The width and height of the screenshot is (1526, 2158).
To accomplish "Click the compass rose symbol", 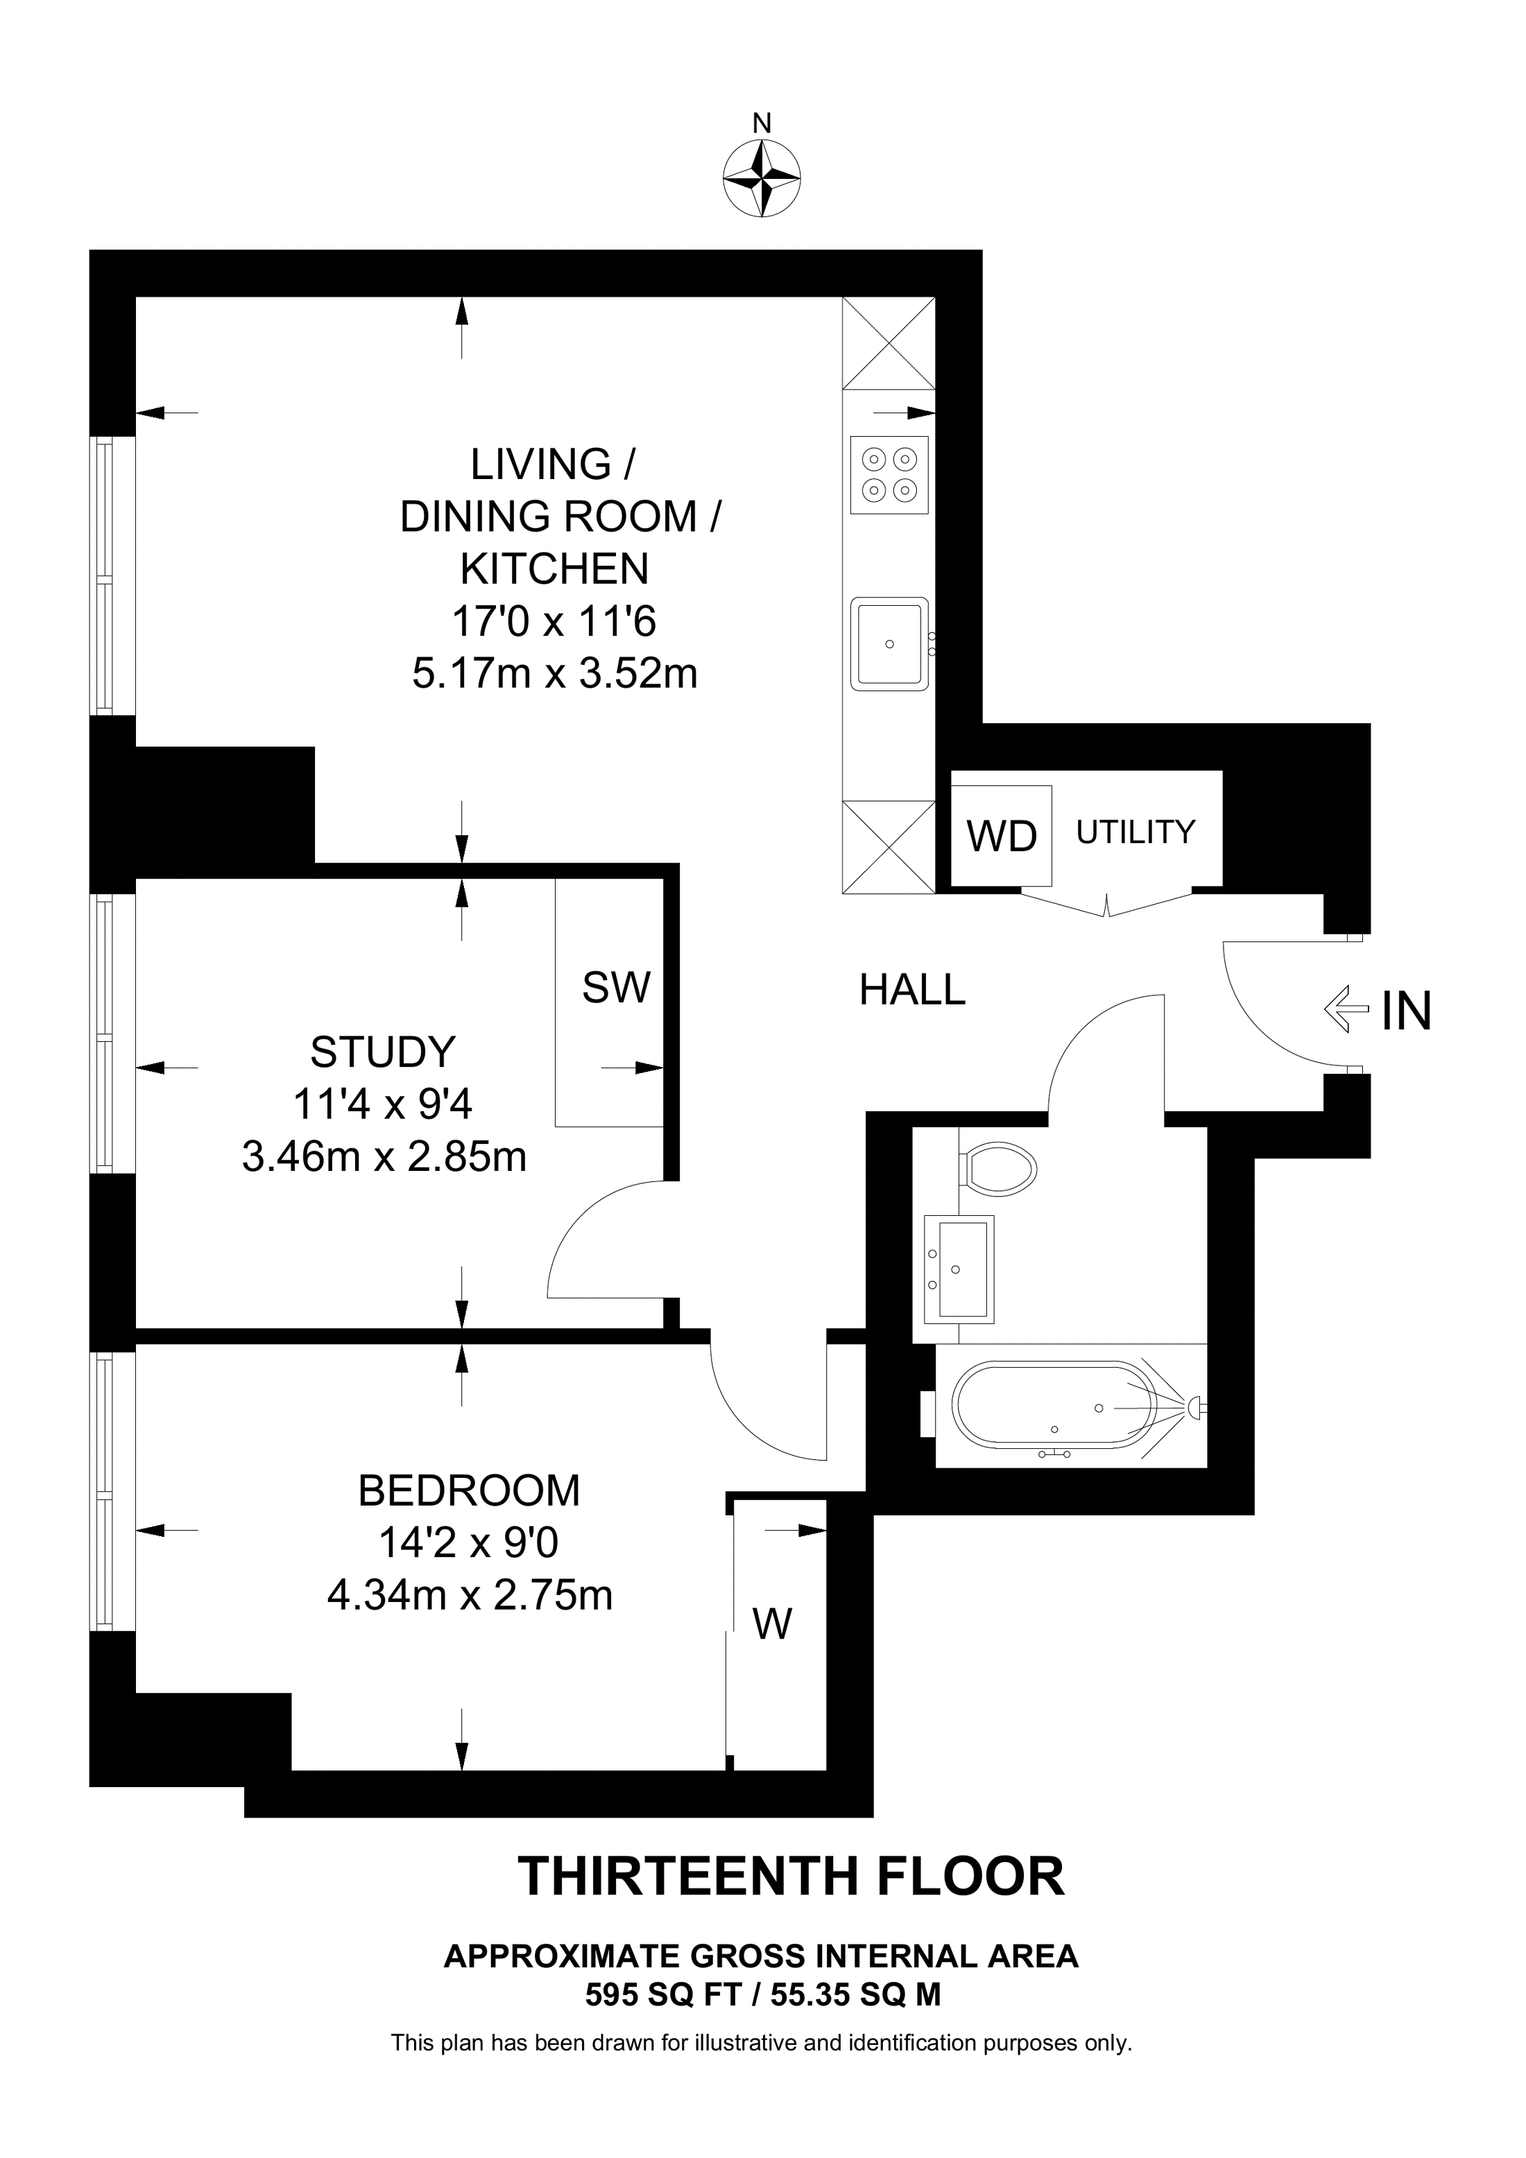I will [762, 180].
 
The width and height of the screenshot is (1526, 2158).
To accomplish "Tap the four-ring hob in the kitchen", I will [889, 475].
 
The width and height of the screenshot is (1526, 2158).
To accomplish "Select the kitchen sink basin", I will [889, 644].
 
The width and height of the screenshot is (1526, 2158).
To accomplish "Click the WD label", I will [1002, 837].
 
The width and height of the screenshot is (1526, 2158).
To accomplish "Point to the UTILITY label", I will [1135, 832].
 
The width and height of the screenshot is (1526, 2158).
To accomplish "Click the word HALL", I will [912, 991].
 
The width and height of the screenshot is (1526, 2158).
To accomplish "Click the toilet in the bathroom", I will [1000, 1170].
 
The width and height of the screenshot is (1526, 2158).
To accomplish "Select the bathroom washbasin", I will [959, 1269].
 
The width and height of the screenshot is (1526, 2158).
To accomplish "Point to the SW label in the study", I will [616, 988].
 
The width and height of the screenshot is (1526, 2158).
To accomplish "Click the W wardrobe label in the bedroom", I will [773, 1624].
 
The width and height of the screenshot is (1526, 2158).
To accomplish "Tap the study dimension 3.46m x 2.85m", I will [384, 1157].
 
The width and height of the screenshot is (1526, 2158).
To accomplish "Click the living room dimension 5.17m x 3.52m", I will [555, 674].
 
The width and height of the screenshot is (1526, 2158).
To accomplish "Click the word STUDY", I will [383, 1052].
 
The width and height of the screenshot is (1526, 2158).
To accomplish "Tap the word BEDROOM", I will [468, 1490].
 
